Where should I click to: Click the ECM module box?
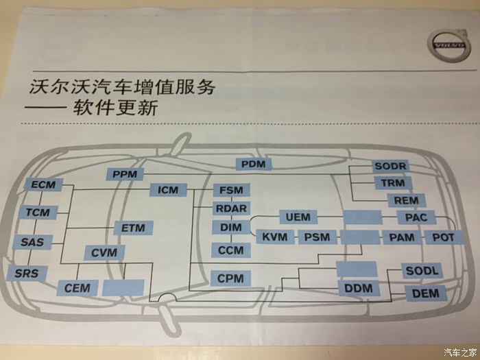(x=43, y=185)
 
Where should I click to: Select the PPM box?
(x=125, y=174)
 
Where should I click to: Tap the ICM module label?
(x=169, y=190)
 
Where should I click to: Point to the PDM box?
(x=254, y=164)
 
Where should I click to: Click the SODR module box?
(x=391, y=167)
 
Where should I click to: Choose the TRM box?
(x=394, y=183)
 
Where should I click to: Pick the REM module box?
(x=407, y=200)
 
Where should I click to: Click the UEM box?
(x=297, y=217)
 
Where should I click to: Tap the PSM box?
(x=317, y=237)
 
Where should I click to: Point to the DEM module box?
(x=425, y=293)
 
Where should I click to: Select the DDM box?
(x=358, y=289)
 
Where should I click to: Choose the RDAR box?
(x=231, y=208)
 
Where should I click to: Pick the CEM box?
(x=77, y=288)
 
